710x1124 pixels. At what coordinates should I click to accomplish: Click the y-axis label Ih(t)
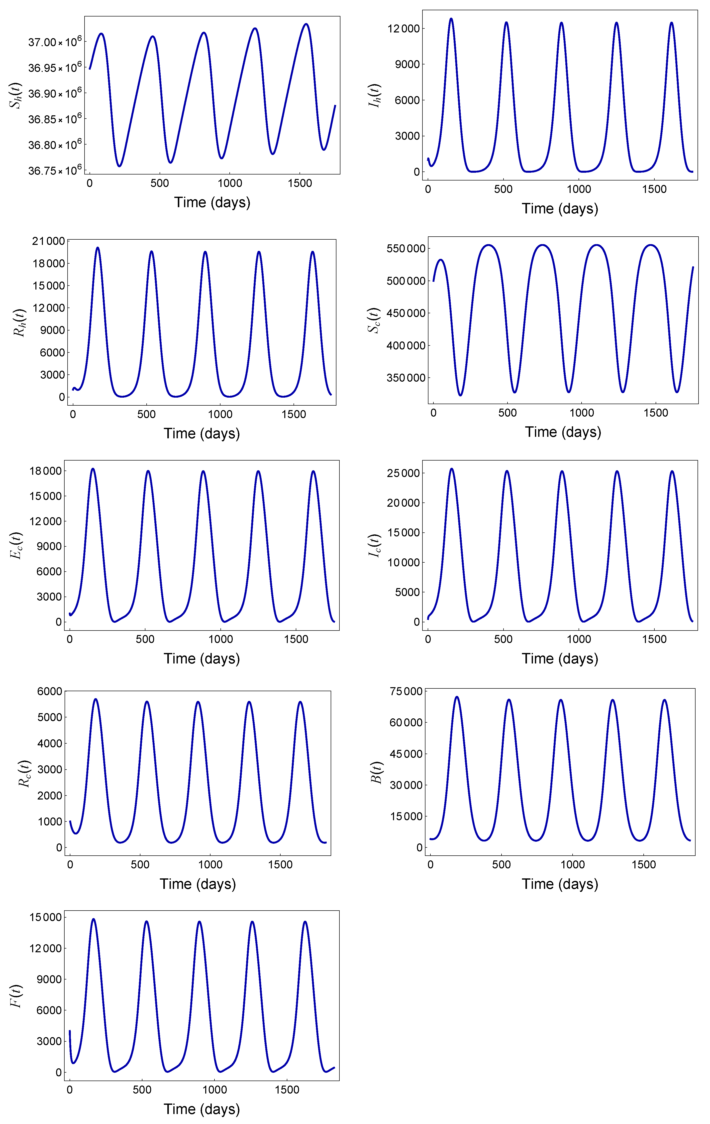(375, 96)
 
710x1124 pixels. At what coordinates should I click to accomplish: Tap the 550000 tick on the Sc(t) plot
(406, 248)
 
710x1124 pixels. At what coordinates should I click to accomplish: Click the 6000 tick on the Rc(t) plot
(49, 691)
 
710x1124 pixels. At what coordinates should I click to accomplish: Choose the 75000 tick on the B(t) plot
(406, 691)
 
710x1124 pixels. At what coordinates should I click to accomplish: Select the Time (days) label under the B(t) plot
(560, 884)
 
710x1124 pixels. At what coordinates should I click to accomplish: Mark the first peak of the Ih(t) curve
(451, 19)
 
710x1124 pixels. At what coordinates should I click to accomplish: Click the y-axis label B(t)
(376, 773)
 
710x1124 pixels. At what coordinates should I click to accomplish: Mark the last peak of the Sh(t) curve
(306, 24)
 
